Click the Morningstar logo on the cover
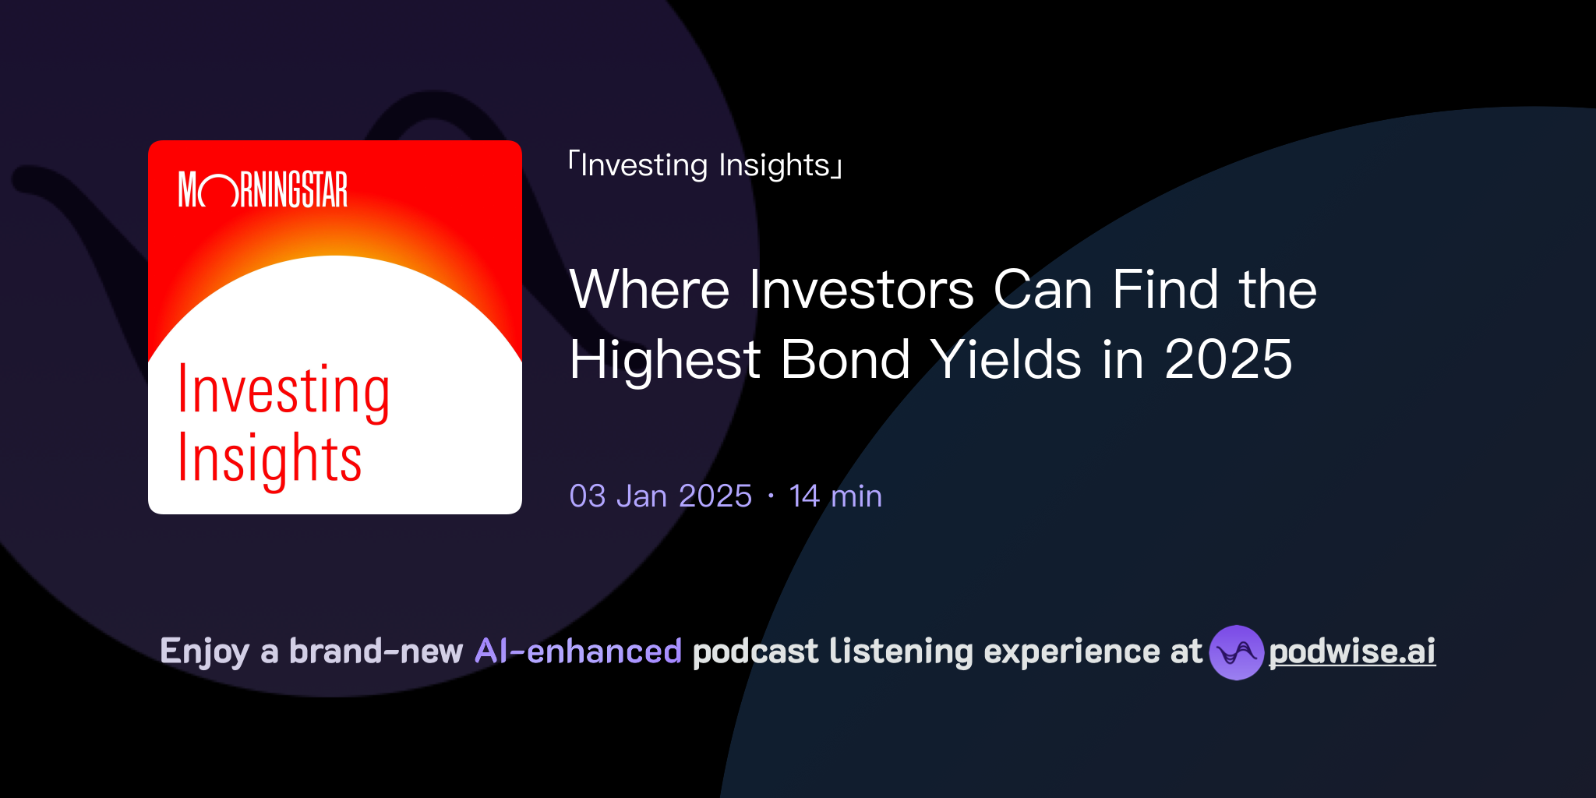(x=263, y=189)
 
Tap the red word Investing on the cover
(x=284, y=391)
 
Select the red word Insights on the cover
(x=270, y=460)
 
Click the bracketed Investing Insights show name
(x=705, y=166)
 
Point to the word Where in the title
(x=649, y=290)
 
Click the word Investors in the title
(x=861, y=290)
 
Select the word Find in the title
(x=1165, y=290)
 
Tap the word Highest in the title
(x=665, y=360)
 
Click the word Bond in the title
(x=845, y=360)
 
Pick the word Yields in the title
(x=1006, y=360)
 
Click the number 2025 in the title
(x=1228, y=360)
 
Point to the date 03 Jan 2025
(x=660, y=496)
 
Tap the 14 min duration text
(x=835, y=496)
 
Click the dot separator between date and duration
(x=771, y=496)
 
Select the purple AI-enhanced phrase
(x=578, y=651)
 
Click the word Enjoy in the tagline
(x=204, y=651)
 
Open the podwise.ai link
(x=1352, y=651)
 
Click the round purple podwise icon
(x=1236, y=652)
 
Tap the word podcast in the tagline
(x=755, y=651)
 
